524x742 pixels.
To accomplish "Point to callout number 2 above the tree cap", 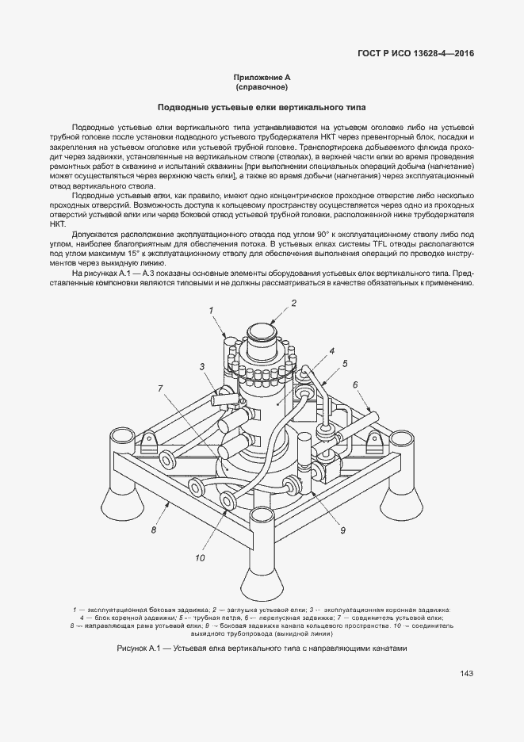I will (293, 303).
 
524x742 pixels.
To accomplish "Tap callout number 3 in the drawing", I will (203, 366).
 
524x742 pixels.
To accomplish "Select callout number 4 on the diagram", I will (331, 350).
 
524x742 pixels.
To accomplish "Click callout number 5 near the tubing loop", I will (345, 364).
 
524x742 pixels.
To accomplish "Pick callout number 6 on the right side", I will (356, 384).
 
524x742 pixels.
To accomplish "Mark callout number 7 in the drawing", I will (161, 388).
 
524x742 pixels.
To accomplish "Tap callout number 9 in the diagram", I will (343, 530).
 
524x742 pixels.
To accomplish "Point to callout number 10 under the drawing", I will (200, 558).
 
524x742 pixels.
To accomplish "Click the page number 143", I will (466, 674).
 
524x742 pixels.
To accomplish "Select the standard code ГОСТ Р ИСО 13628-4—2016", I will (418, 53).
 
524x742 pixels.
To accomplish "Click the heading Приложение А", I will (262, 77).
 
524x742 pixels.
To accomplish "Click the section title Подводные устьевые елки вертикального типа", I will (262, 106).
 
